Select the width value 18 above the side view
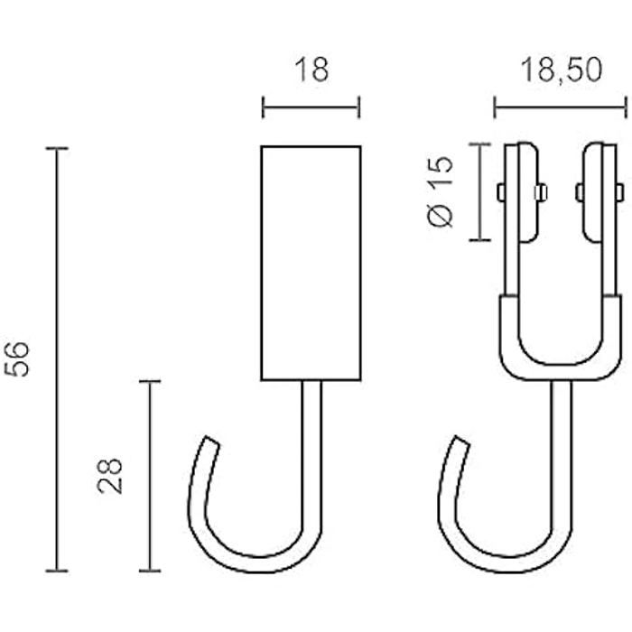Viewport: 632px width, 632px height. pyautogui.click(x=311, y=71)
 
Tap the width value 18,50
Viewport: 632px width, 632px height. pyautogui.click(x=560, y=71)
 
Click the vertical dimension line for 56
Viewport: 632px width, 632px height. pyautogui.click(x=58, y=358)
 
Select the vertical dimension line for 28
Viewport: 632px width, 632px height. pyautogui.click(x=149, y=476)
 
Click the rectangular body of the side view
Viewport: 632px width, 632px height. pyautogui.click(x=311, y=261)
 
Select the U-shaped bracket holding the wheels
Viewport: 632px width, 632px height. pyautogui.click(x=559, y=352)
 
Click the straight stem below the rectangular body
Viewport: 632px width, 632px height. pyautogui.click(x=312, y=451)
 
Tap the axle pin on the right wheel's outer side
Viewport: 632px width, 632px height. pyautogui.click(x=618, y=191)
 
